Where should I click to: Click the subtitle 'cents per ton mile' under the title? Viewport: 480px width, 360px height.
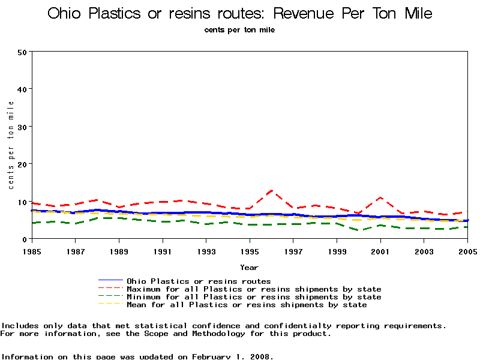pos(239,29)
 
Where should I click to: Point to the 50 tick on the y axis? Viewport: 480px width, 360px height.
pos(22,52)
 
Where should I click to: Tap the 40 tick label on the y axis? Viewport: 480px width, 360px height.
pos(22,89)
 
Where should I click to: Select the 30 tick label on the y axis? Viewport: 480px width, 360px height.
pos(22,127)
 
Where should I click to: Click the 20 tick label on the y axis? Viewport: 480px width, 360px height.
pos(22,164)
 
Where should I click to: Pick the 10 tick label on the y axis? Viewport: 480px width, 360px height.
pos(22,202)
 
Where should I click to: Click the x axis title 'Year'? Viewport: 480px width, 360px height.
pos(249,267)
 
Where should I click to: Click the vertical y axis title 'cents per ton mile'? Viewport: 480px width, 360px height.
pos(11,145)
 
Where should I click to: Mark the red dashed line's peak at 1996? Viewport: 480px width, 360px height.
pos(272,191)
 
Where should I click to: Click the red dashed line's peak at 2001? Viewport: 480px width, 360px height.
pos(380,197)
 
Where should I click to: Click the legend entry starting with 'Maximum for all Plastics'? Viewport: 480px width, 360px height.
pos(253,289)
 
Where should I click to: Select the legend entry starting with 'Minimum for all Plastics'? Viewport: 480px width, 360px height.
pos(253,297)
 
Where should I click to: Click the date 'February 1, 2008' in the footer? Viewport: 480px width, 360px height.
pos(232,356)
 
